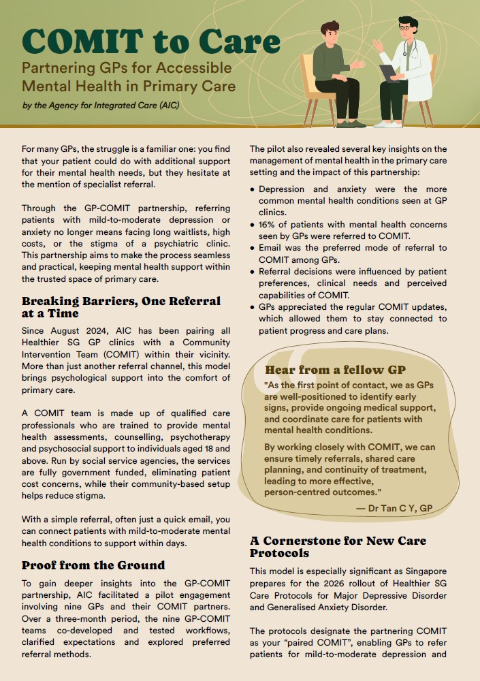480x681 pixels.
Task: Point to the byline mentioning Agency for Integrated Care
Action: (x=101, y=106)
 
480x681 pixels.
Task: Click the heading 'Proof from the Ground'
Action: (x=93, y=565)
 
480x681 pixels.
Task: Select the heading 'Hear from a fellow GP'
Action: (x=335, y=370)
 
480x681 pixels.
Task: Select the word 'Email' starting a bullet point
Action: (x=272, y=248)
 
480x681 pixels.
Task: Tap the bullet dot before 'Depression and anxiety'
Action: (x=253, y=189)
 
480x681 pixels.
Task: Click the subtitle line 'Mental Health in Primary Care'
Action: (x=129, y=86)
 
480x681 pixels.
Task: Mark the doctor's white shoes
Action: (x=388, y=123)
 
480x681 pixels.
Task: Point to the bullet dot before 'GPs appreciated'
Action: (x=253, y=307)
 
